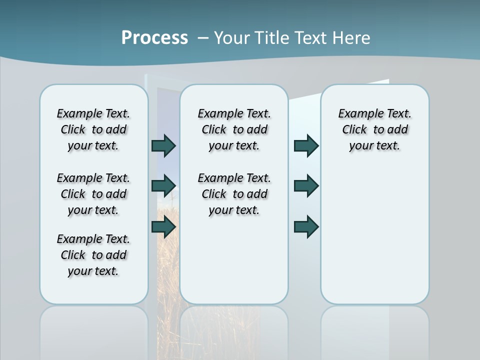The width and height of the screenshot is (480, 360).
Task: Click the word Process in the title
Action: [x=154, y=38]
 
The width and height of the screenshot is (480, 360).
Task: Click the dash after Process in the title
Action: [x=203, y=38]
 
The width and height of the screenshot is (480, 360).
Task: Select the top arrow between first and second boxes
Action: [x=163, y=145]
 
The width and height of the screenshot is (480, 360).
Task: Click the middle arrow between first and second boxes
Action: [x=163, y=186]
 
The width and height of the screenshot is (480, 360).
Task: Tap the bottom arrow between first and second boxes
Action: [x=163, y=227]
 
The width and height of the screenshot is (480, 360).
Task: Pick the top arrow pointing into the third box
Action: [x=306, y=145]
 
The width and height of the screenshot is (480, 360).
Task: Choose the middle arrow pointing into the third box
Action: [x=306, y=186]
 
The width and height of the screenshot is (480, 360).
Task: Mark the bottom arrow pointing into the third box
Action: [x=306, y=227]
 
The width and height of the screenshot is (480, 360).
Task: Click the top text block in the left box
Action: [x=93, y=129]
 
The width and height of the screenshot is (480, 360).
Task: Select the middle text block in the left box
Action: [x=93, y=194]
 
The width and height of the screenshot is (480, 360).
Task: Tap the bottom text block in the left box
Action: [x=93, y=255]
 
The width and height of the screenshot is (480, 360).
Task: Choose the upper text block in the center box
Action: [x=234, y=129]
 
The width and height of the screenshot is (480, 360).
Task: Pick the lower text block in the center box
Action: [x=234, y=194]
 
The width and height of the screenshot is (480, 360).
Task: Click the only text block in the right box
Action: [x=374, y=129]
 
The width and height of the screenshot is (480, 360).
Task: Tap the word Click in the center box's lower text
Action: [x=214, y=194]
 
